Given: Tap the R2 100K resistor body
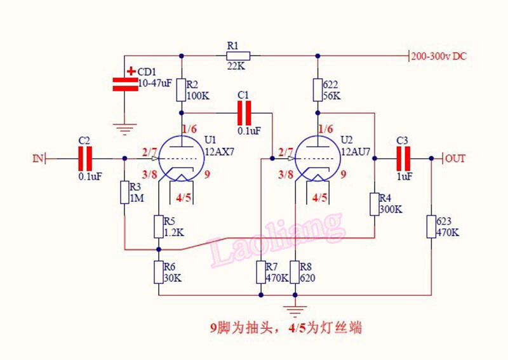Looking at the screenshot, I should tap(182, 90).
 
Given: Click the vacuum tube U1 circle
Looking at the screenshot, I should tap(181, 158).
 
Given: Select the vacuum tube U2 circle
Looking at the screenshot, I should tap(317, 158).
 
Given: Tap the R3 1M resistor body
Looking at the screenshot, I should tap(124, 192).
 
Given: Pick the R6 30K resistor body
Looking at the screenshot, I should tap(158, 272).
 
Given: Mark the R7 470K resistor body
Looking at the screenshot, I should tap(261, 272).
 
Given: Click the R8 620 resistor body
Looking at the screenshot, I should tap(295, 272).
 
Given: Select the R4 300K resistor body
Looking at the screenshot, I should tap(375, 204).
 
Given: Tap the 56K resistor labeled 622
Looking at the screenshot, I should tap(317, 90).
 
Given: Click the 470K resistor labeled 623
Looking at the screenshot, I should tap(431, 227).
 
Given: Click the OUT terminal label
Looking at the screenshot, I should tap(456, 158).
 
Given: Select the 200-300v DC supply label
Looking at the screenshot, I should tap(439, 56).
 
